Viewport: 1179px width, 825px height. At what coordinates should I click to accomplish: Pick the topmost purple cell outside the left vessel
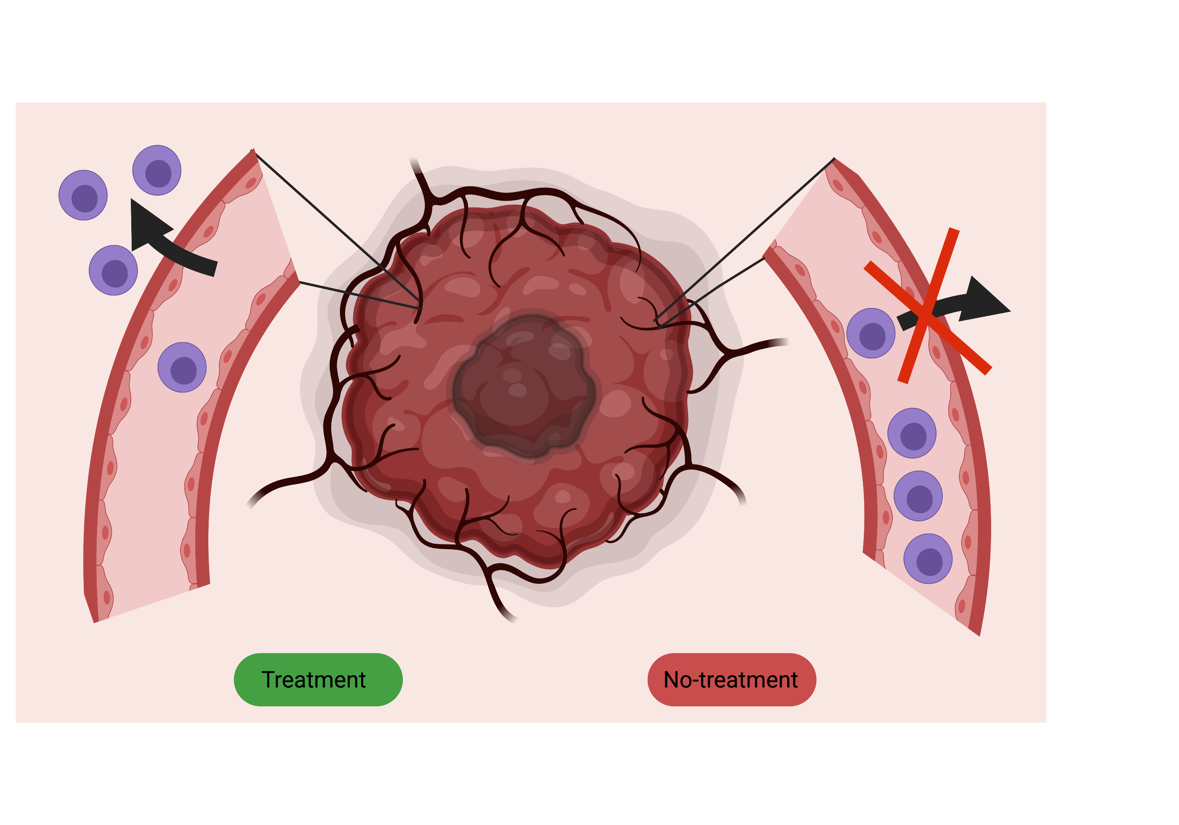(157, 170)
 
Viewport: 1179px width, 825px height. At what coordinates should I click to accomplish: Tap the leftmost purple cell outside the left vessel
(83, 196)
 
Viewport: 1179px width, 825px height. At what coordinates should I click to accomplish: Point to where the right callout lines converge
(657, 324)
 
